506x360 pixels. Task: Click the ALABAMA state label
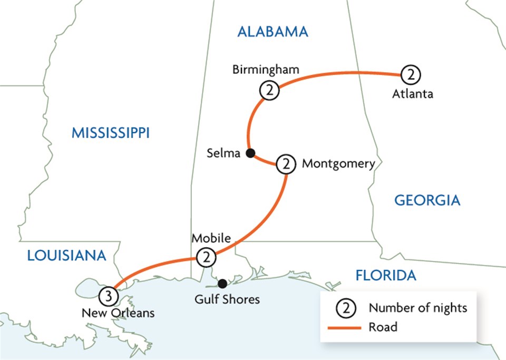(x=273, y=32)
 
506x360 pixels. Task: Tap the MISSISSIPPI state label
(x=111, y=133)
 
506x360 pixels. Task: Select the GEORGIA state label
(x=427, y=200)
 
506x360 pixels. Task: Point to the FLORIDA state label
(x=386, y=275)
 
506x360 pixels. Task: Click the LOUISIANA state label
(x=66, y=256)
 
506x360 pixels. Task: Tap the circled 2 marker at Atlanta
(x=411, y=75)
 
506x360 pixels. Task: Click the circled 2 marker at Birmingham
(x=269, y=91)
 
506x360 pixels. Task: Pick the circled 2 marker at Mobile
(x=206, y=258)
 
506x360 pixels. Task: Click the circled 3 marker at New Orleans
(x=108, y=296)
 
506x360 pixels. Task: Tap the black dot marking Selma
(x=251, y=153)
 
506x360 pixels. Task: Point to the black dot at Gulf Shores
(x=223, y=284)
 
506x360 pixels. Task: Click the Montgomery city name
(x=338, y=164)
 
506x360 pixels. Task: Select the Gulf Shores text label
(x=228, y=299)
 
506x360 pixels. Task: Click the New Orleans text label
(x=118, y=313)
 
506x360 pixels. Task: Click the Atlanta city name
(x=413, y=94)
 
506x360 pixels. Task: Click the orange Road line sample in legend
(x=345, y=328)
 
